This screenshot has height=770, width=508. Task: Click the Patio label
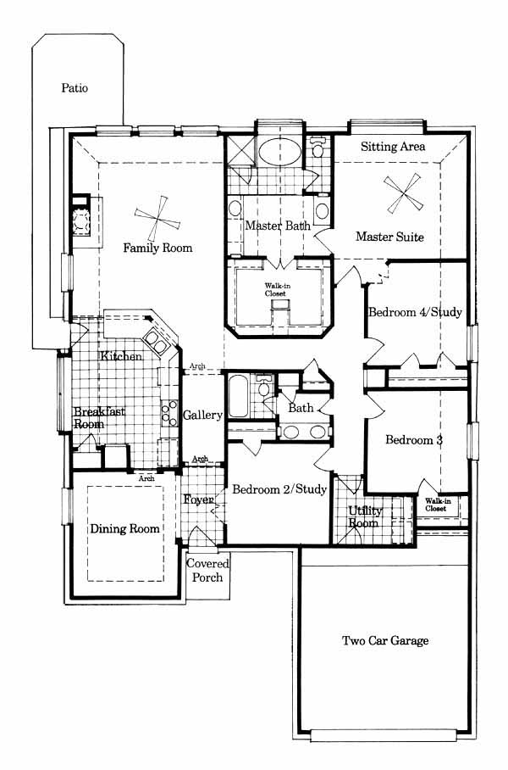pyautogui.click(x=75, y=88)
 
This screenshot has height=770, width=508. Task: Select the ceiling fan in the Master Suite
pyautogui.click(x=402, y=193)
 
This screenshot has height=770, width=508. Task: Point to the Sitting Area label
pyautogui.click(x=393, y=147)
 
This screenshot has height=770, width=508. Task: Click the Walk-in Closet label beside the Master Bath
pyautogui.click(x=275, y=290)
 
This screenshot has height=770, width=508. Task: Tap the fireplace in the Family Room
pyautogui.click(x=80, y=220)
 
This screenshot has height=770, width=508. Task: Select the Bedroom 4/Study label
pyautogui.click(x=415, y=312)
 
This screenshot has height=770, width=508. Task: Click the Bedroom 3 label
pyautogui.click(x=414, y=439)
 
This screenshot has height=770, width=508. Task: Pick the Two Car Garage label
pyautogui.click(x=385, y=640)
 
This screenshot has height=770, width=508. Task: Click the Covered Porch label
pyautogui.click(x=207, y=571)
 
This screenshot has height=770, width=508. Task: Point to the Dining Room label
pyautogui.click(x=125, y=529)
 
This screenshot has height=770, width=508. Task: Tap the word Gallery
pyautogui.click(x=202, y=416)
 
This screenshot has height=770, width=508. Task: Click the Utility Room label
pyautogui.click(x=364, y=517)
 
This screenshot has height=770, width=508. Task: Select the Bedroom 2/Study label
pyautogui.click(x=279, y=489)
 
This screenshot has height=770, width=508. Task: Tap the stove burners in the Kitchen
pyautogui.click(x=169, y=413)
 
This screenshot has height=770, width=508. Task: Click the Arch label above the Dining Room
pyautogui.click(x=146, y=478)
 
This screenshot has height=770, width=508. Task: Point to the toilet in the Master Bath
pyautogui.click(x=318, y=148)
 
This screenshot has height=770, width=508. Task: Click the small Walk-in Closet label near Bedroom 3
pyautogui.click(x=438, y=505)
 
